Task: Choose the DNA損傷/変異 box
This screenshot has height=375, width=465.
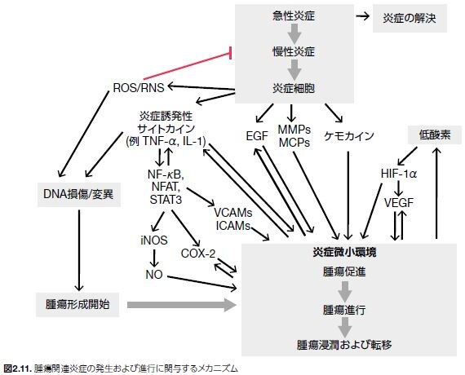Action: [x=77, y=194]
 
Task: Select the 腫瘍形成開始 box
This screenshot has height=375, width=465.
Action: [x=77, y=305]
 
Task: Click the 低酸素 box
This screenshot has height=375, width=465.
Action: [x=428, y=132]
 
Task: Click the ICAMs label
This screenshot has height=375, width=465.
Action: [x=233, y=224]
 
